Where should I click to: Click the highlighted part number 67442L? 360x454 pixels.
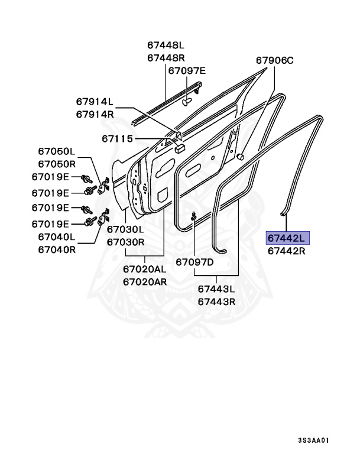tap(286, 238)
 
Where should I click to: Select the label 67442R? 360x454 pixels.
tap(286, 251)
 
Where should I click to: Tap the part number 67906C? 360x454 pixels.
tap(274, 60)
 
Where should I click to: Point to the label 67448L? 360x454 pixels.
tap(166, 45)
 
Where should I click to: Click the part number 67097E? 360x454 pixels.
tap(186, 71)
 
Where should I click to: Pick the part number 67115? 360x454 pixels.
tap(116, 140)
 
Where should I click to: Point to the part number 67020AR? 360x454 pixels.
tap(145, 281)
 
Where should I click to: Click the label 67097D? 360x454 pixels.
tap(194, 261)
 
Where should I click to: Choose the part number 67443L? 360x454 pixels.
tap(216, 289)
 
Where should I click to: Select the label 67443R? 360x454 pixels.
tap(216, 301)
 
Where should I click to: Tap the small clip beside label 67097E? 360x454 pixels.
tap(188, 101)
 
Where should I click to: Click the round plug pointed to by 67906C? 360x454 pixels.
tap(241, 157)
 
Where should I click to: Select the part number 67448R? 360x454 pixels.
tap(166, 57)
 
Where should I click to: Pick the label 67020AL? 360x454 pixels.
tap(145, 269)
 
